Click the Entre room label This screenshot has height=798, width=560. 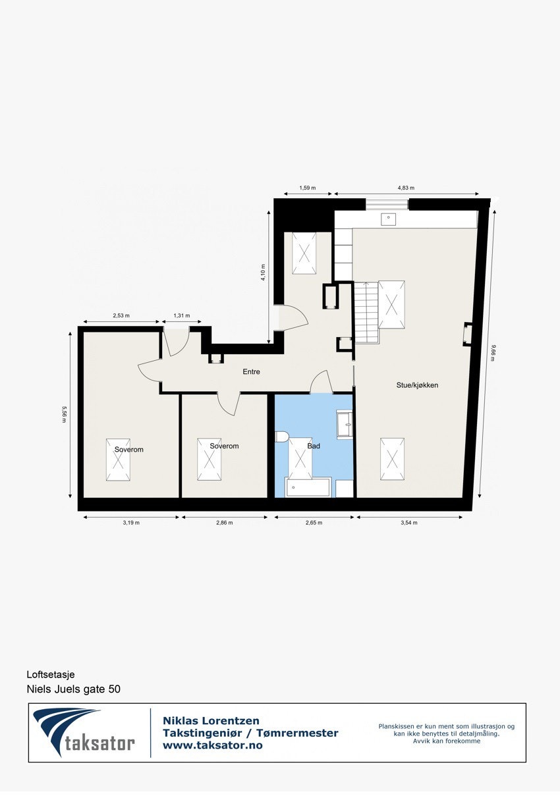pyautogui.click(x=251, y=372)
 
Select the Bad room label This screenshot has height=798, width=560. pyautogui.click(x=314, y=446)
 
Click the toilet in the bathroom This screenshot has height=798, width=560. pyautogui.click(x=281, y=436)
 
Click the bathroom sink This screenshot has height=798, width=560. pyautogui.click(x=345, y=425)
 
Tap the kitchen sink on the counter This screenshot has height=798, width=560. pyautogui.click(x=388, y=219)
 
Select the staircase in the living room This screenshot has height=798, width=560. pyautogui.click(x=367, y=312)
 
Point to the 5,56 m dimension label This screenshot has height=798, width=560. pyautogui.click(x=63, y=414)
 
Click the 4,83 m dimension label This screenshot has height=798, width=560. pyautogui.click(x=406, y=188)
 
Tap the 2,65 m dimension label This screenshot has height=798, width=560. pyautogui.click(x=314, y=523)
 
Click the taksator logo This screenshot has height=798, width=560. pyautogui.click(x=84, y=732)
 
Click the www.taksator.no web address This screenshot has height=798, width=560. pyautogui.click(x=212, y=745)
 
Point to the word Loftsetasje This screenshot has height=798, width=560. pyautogui.click(x=51, y=675)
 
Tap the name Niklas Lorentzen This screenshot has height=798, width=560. pyautogui.click(x=211, y=721)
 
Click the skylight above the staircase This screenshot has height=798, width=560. pyautogui.click(x=391, y=305)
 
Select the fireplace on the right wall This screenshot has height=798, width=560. pyautogui.click(x=467, y=334)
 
